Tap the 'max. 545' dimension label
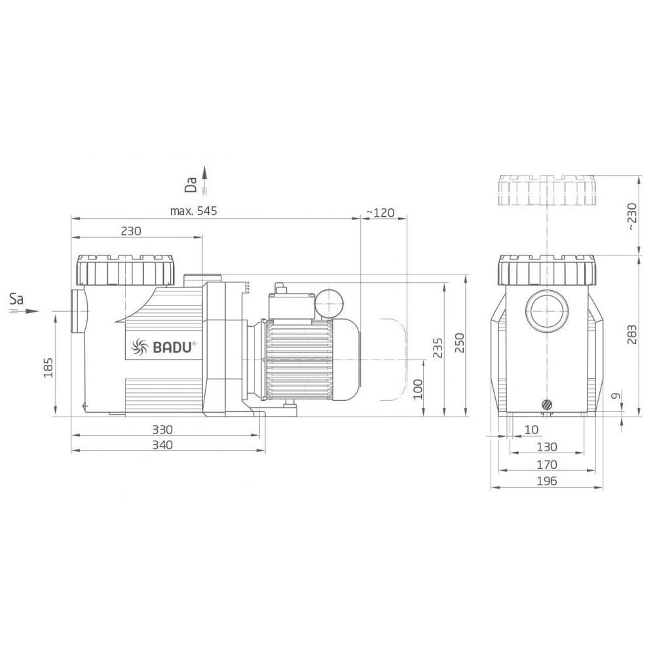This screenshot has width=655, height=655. click(x=193, y=211)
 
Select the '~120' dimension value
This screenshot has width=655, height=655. click(x=381, y=213)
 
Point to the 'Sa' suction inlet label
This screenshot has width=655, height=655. click(x=17, y=299)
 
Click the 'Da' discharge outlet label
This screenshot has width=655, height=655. click(x=191, y=185)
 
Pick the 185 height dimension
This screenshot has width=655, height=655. click(x=48, y=367)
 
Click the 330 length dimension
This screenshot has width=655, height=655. click(x=162, y=430)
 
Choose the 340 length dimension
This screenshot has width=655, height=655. click(x=162, y=445)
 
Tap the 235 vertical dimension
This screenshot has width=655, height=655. click(x=438, y=348)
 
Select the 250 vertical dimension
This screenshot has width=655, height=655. click(x=460, y=343)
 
